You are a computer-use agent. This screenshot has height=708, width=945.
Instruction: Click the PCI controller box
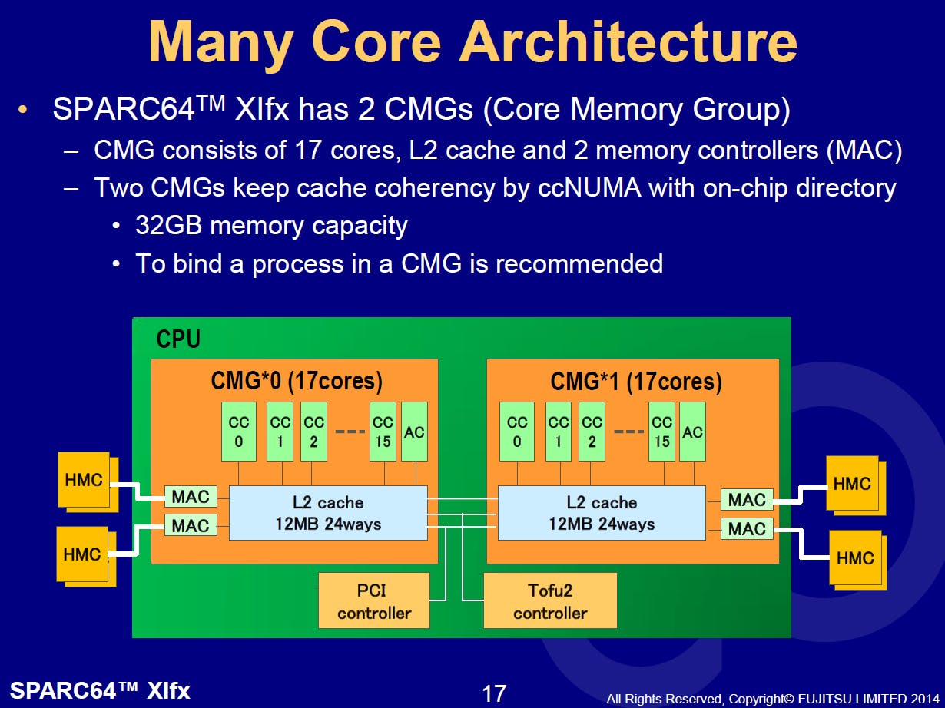click(x=374, y=600)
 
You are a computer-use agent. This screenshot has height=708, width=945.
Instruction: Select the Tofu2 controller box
click(x=550, y=600)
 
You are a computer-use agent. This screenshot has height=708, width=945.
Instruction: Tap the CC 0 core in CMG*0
click(x=239, y=432)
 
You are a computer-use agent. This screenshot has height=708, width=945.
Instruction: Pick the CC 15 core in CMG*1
click(x=661, y=432)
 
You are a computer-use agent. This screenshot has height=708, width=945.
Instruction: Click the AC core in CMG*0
click(x=414, y=432)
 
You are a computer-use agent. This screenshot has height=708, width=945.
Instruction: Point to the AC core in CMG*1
click(x=692, y=432)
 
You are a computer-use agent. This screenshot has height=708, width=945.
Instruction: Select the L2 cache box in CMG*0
click(x=328, y=513)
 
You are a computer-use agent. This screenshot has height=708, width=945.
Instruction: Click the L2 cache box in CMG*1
click(x=602, y=513)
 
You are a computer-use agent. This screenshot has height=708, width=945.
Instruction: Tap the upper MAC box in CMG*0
click(x=191, y=496)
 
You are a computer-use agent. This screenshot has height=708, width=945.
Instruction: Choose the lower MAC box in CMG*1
click(x=747, y=528)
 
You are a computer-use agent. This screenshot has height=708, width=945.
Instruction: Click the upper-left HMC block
click(x=84, y=480)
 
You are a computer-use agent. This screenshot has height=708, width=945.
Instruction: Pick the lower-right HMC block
click(x=855, y=557)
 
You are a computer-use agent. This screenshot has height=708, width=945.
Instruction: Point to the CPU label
click(x=178, y=339)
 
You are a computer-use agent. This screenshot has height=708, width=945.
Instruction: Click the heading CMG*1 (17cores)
click(x=636, y=381)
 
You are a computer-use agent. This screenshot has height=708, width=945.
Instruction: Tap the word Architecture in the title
click(x=628, y=42)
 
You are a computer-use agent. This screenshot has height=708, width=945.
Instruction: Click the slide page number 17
click(x=493, y=693)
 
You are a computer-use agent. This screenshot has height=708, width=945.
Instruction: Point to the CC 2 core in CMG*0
click(x=313, y=432)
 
